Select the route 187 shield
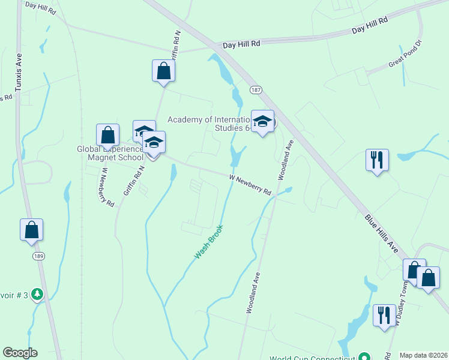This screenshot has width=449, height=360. [x=256, y=90]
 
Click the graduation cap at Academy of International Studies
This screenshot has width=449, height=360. [x=262, y=122]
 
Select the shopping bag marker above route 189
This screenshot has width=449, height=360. [x=31, y=230]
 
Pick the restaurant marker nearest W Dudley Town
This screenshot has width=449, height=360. [x=384, y=315]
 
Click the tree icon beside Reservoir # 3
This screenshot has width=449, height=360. [x=38, y=294]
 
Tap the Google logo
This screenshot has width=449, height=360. [x=20, y=353]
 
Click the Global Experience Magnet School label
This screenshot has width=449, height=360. [x=110, y=154]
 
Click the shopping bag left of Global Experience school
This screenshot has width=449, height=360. [x=107, y=136]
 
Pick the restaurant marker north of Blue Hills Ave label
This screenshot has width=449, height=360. [x=377, y=160]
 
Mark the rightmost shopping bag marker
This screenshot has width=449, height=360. [x=428, y=278]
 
